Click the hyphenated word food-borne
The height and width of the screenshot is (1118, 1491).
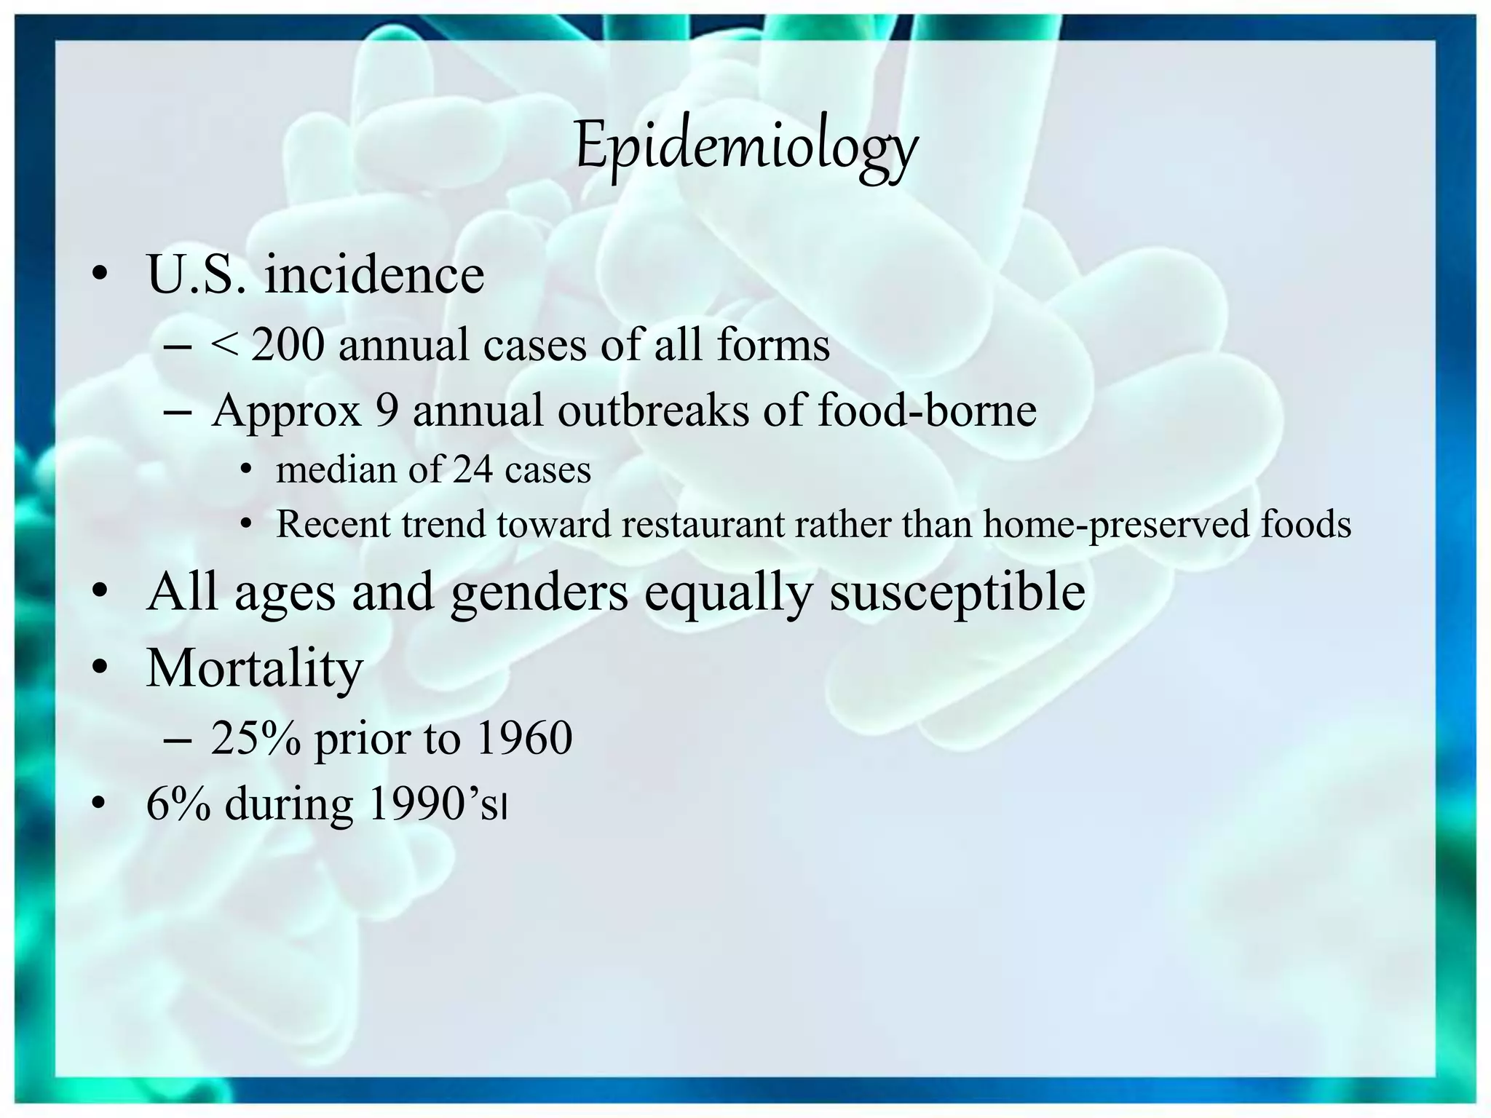click(927, 411)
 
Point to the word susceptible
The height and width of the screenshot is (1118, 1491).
click(957, 592)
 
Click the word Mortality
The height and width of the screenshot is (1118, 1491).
click(254, 667)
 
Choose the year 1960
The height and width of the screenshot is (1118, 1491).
click(523, 738)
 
